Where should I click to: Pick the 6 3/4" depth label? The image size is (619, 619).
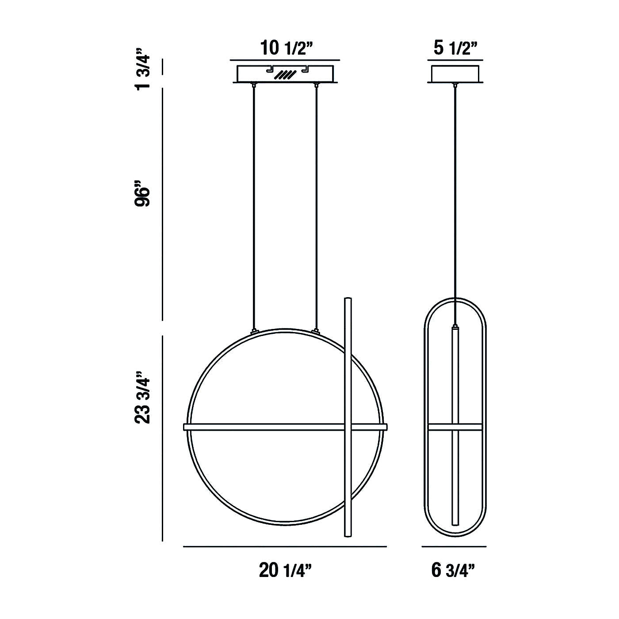pos(453,570)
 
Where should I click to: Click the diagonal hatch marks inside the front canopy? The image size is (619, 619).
pos(285,75)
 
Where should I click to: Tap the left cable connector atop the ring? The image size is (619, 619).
pos(254,331)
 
